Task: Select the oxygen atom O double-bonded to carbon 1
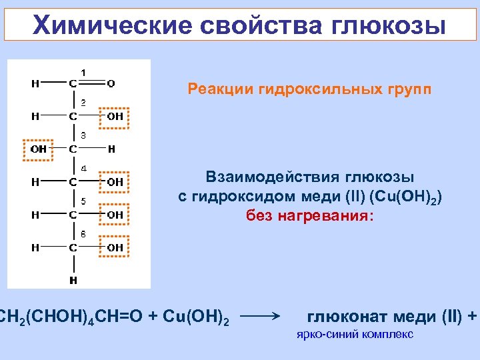pyautogui.click(x=111, y=83)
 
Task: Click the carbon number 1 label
pyautogui.click(x=83, y=71)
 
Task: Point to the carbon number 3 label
pyautogui.click(x=83, y=136)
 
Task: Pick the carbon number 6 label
pyautogui.click(x=83, y=235)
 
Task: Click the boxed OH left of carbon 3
pyautogui.click(x=39, y=149)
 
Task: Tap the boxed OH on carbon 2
pyautogui.click(x=115, y=117)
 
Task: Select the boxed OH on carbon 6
pyautogui.click(x=115, y=247)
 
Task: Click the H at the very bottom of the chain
pyautogui.click(x=73, y=280)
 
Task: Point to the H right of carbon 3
pyautogui.click(x=111, y=149)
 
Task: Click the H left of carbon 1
pyautogui.click(x=35, y=83)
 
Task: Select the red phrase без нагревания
pyautogui.click(x=311, y=215)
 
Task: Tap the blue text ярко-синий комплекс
pyautogui.click(x=355, y=334)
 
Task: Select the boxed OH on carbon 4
pyautogui.click(x=115, y=181)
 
